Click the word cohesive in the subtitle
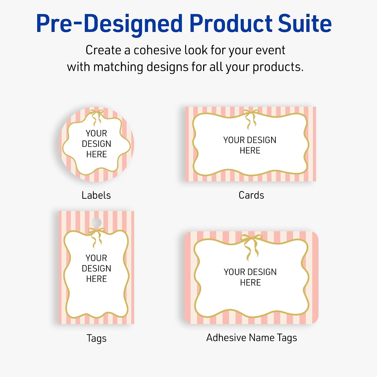[157, 50]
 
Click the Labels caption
[96, 195]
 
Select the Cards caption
[251, 195]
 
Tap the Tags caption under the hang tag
[97, 339]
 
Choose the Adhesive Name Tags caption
[252, 338]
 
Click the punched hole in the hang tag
[97, 222]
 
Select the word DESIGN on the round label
[97, 144]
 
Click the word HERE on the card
[250, 151]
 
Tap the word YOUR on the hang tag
[96, 258]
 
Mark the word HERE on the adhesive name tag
[250, 282]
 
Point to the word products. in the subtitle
[278, 67]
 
